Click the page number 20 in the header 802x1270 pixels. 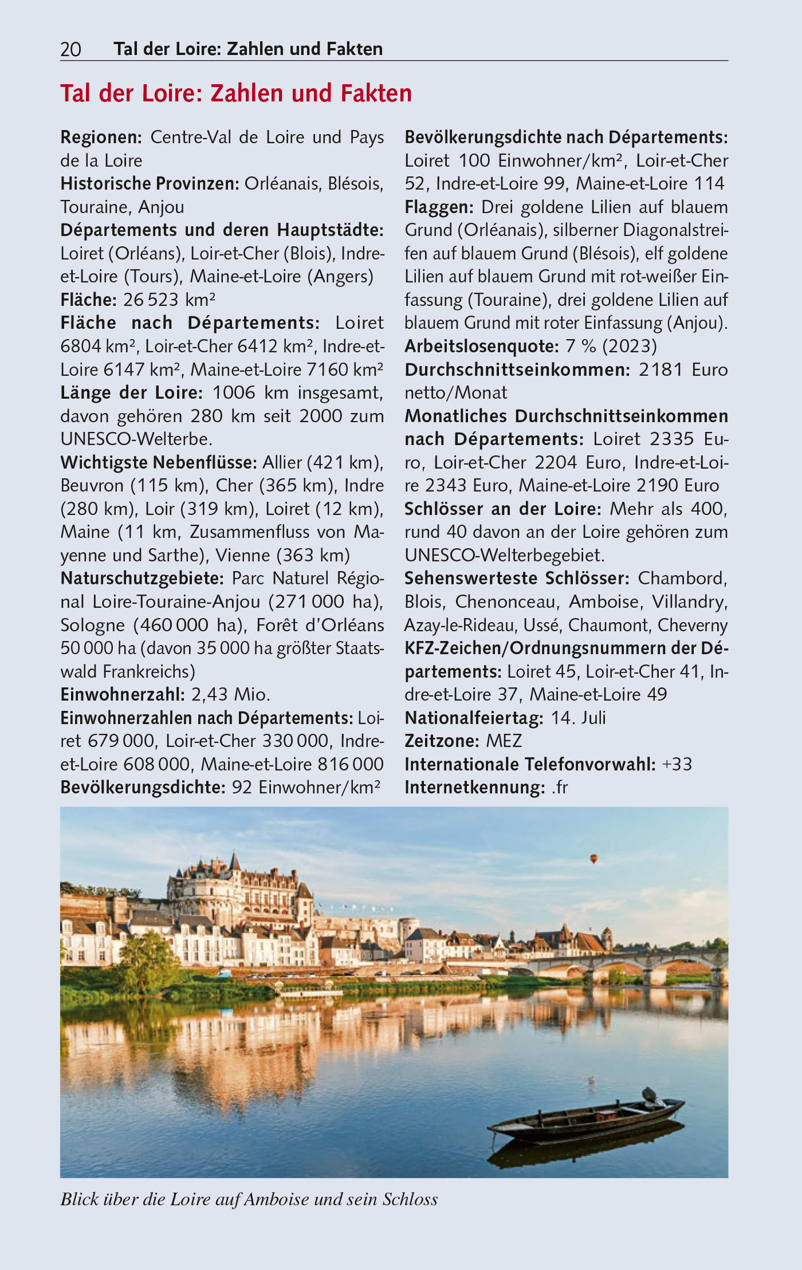point(70,50)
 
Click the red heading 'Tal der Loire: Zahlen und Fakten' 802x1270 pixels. point(236,93)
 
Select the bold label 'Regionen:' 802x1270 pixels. point(101,137)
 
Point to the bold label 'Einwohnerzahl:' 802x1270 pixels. point(123,695)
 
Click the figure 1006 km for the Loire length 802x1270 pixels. point(233,393)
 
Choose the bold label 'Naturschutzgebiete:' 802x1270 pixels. point(142,579)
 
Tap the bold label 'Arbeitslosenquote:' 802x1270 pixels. point(481,347)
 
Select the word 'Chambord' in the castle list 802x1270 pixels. point(682,579)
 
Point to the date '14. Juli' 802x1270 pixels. point(578,718)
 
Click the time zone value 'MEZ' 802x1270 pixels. point(504,741)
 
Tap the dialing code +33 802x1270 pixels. point(677,765)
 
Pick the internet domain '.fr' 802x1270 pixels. point(560,788)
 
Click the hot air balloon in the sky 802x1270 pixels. point(594,858)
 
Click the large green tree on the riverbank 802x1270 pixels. point(148,954)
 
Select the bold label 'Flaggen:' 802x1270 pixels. point(439,207)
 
